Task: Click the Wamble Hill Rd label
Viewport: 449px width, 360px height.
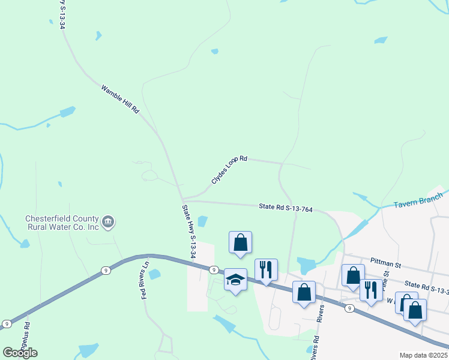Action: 120,100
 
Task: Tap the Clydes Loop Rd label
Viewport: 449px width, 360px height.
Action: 229,170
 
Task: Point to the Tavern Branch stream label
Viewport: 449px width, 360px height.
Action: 418,202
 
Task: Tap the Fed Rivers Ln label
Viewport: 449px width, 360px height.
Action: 145,279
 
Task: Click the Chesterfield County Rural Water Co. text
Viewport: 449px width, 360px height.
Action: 62,223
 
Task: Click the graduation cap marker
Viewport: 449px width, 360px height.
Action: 236,279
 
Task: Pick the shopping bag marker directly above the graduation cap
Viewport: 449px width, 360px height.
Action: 240,242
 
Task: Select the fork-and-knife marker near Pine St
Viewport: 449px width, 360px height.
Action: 371,290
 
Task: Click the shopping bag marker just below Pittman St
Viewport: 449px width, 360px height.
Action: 353,275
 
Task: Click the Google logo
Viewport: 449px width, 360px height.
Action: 20,353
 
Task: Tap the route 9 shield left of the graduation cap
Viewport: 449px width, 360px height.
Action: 213,270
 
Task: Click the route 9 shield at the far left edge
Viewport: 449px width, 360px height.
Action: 6,324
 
